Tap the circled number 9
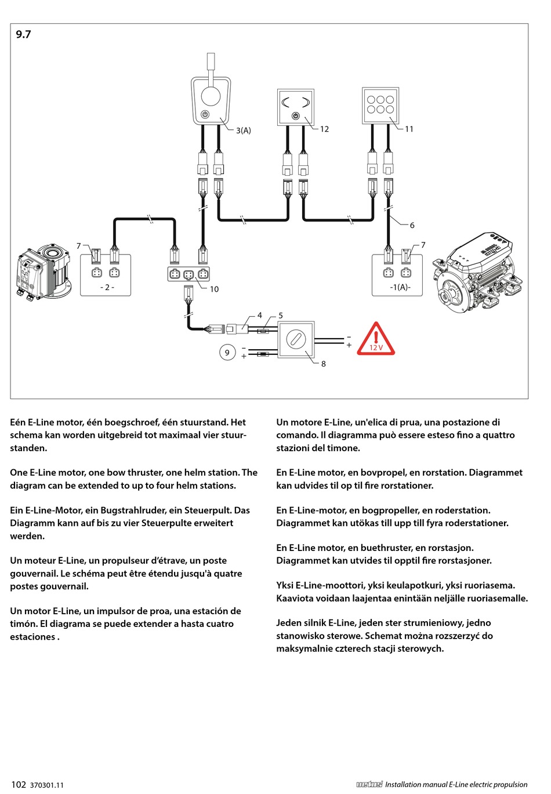(227, 352)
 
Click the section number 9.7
(23, 35)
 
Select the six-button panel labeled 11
(380, 105)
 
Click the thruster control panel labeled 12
(296, 107)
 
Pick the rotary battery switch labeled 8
(296, 339)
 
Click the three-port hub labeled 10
(188, 274)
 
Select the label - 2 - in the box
(107, 287)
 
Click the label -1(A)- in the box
(400, 287)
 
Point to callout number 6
(412, 225)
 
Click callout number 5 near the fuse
(281, 316)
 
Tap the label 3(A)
(244, 130)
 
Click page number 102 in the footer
(19, 785)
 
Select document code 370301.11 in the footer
(47, 785)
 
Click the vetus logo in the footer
(369, 785)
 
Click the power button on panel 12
(296, 117)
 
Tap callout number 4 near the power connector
(259, 316)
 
